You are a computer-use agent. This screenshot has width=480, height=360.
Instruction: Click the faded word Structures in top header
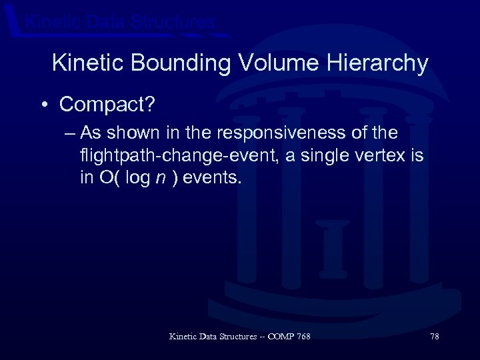tap(173, 22)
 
